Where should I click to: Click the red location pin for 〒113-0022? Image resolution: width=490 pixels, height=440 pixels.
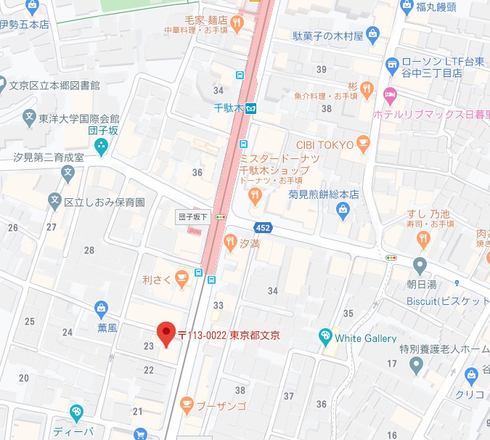(x=166, y=333)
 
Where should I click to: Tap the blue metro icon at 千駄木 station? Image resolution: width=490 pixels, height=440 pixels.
(x=250, y=108)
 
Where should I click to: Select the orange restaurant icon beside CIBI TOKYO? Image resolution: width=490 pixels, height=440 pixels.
(x=364, y=144)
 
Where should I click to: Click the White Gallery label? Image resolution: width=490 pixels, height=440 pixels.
(x=365, y=338)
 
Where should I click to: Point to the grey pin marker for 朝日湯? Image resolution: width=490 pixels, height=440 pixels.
(x=420, y=264)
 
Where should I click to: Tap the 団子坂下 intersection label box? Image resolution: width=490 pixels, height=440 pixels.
(x=193, y=216)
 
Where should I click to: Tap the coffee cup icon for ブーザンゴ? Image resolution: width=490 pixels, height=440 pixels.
(x=186, y=403)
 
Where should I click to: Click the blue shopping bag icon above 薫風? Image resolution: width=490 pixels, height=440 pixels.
(x=102, y=309)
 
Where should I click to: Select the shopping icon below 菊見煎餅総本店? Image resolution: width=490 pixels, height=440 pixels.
(x=343, y=210)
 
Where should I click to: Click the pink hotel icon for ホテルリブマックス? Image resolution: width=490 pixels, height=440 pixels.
(x=390, y=94)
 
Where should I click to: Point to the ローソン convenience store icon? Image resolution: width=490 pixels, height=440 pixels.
(x=392, y=63)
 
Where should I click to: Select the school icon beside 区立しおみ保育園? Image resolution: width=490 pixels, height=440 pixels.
(x=54, y=200)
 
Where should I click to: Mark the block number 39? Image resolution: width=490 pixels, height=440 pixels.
(x=322, y=69)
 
